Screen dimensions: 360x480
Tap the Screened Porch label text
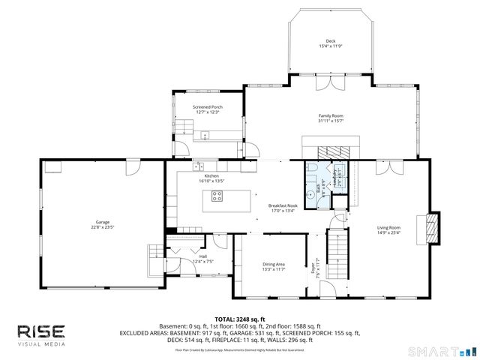coord(208,107)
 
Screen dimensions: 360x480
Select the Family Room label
coord(330,115)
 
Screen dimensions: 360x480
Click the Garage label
coord(103,222)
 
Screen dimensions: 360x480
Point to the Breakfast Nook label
coord(283,205)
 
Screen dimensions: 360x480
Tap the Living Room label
coord(388,227)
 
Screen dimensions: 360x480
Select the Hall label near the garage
coord(203,256)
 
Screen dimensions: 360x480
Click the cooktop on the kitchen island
coord(217,196)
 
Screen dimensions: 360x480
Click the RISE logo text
coord(41,331)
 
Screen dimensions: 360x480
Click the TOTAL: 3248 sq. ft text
coord(240,319)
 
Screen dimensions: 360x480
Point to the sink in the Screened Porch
coord(205,136)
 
